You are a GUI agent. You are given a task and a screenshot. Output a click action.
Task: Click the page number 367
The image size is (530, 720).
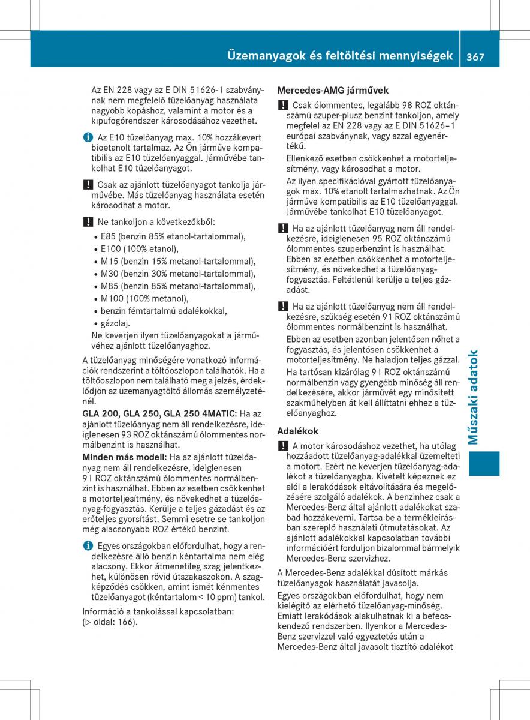coord(473,56)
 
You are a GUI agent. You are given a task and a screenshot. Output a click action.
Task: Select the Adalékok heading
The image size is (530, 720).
coord(298,431)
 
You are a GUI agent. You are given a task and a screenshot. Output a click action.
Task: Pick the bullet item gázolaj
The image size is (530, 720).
coord(115,323)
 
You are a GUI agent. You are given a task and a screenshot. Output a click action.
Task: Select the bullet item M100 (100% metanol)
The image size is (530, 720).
coord(144,299)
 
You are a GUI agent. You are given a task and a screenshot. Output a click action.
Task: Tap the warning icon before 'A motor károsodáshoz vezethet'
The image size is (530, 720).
coord(282,446)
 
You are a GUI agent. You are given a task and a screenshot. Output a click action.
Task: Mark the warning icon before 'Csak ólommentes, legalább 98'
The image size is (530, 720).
coord(282,105)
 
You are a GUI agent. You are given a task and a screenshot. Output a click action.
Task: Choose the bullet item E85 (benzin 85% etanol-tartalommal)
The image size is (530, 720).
coord(173,236)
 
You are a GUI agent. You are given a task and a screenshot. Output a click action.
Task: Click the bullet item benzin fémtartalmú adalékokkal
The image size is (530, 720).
coord(163,311)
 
